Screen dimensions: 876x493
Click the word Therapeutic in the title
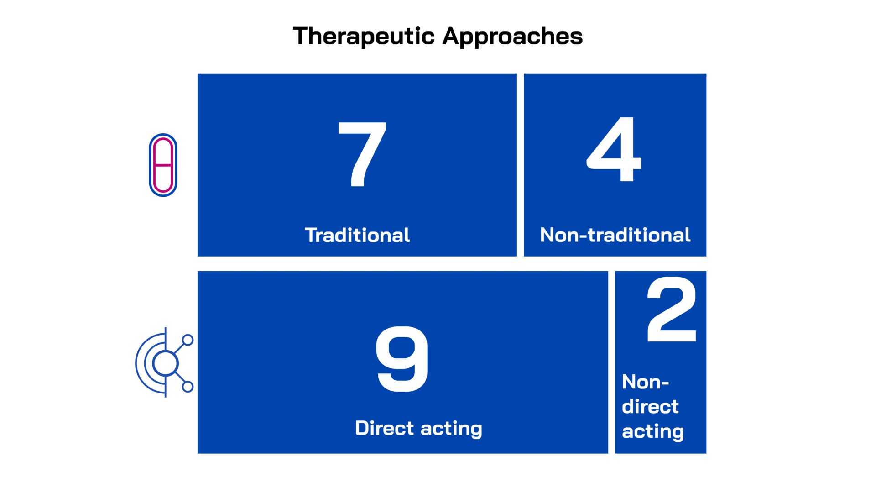[x=364, y=37]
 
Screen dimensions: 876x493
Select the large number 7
[x=362, y=154]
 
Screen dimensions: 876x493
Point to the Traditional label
[x=357, y=235]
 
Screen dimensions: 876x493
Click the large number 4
[x=614, y=149]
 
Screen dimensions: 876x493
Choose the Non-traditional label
[x=615, y=235]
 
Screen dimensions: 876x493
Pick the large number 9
[x=401, y=359]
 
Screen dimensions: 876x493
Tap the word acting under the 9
[x=451, y=429]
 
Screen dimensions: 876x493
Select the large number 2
[x=672, y=309]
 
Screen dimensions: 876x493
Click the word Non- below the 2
[x=645, y=382]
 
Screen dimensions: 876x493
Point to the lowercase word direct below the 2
[x=650, y=406]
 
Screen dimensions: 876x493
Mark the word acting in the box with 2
[x=653, y=432]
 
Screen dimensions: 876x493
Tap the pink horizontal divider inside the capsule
[x=163, y=165]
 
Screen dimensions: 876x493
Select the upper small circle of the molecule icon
[x=188, y=340]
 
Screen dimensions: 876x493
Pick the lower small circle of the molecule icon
[x=188, y=387]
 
